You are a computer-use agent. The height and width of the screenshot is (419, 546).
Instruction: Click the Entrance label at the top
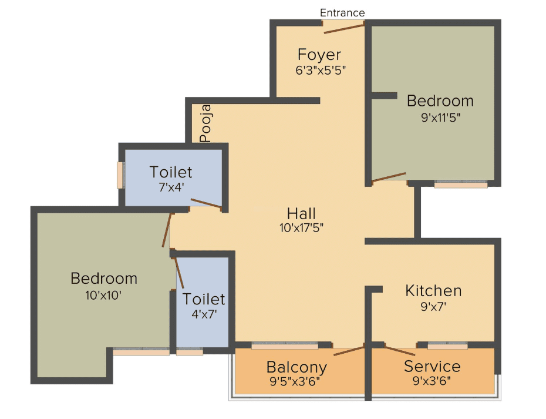[342, 13]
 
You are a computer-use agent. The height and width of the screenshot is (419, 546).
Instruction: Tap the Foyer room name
[319, 55]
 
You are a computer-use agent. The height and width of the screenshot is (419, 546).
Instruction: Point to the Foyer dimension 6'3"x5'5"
[321, 71]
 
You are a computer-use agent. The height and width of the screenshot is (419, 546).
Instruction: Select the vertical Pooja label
[205, 123]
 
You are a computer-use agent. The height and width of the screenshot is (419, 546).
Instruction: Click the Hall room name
[301, 213]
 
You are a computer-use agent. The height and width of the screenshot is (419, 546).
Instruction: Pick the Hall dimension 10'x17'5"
[301, 228]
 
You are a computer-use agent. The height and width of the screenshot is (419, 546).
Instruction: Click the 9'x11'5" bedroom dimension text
[440, 118]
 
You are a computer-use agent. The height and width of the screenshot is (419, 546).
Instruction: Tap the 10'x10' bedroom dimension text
[103, 295]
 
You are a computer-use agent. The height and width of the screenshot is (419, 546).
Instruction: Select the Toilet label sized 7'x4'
[171, 172]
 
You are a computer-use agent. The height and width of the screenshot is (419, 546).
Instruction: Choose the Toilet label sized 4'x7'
[204, 299]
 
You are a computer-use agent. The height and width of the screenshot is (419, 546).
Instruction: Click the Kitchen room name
[433, 291]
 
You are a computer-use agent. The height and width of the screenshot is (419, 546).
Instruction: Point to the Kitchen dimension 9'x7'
[433, 306]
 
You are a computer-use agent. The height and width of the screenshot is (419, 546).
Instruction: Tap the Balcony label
[296, 367]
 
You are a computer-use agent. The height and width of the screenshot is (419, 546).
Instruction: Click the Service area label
[432, 366]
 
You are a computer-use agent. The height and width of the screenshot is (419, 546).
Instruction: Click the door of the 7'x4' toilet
[206, 204]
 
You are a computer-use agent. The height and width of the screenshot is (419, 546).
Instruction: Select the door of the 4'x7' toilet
[178, 273]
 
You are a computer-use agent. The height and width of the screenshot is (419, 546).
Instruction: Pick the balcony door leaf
[349, 351]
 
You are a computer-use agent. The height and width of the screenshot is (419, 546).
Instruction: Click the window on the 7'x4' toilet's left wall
[121, 175]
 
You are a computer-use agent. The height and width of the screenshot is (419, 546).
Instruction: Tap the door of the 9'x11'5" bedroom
[389, 177]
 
